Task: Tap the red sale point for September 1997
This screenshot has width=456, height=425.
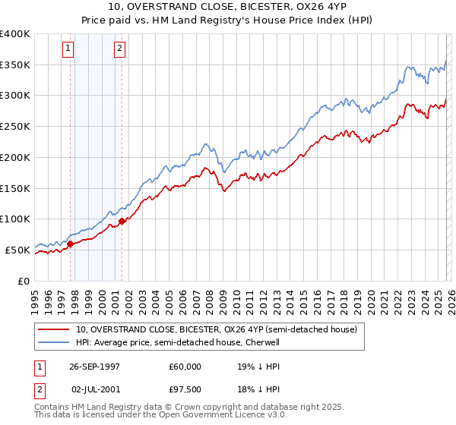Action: pos(71,244)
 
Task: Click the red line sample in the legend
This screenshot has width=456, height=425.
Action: pos(54,329)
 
